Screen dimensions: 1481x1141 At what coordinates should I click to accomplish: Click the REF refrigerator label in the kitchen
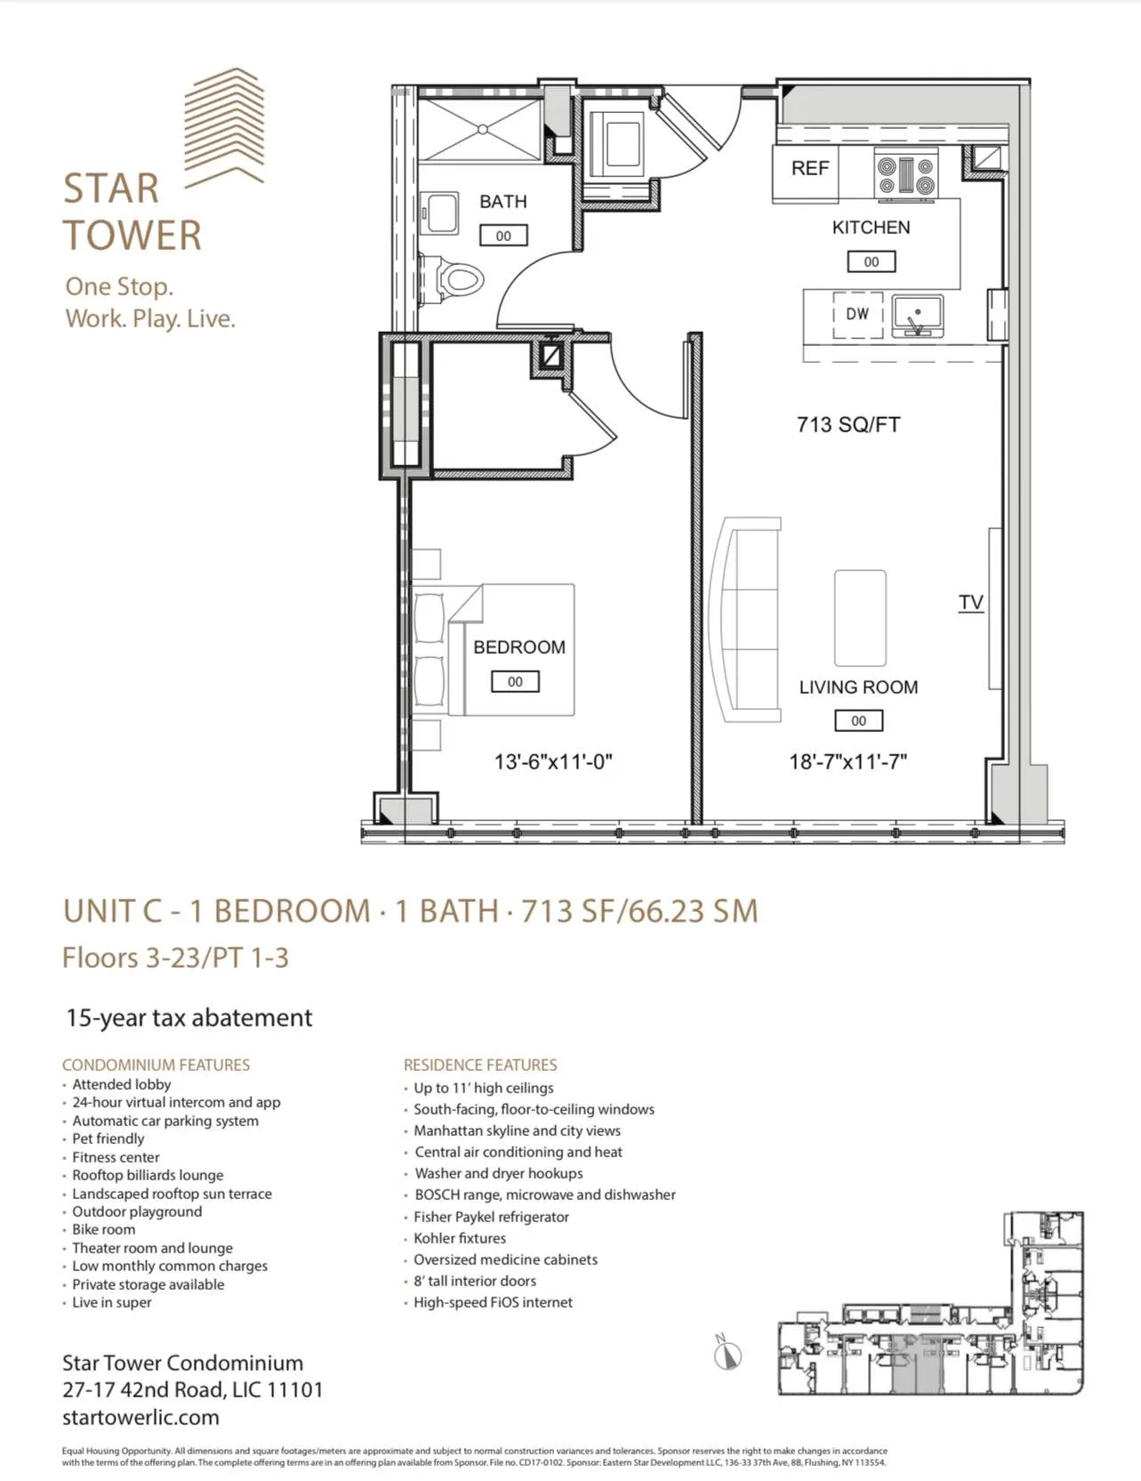pos(809,168)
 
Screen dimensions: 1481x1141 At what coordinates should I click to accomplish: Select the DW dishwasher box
pos(857,314)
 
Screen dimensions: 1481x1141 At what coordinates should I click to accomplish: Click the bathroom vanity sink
pos(438,213)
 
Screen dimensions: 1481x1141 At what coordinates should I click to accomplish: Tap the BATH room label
pos(503,202)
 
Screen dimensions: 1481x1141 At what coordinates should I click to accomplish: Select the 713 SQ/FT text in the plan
pos(848,425)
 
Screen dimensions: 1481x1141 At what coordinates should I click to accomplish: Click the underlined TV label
pos(971,602)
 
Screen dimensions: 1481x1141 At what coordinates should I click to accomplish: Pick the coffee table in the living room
pos(860,618)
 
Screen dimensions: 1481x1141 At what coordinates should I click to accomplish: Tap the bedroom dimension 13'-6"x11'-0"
pos(553,762)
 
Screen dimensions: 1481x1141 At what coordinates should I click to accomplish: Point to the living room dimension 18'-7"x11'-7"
pos(848,762)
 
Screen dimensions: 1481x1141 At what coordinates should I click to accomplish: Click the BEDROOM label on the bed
pos(518,648)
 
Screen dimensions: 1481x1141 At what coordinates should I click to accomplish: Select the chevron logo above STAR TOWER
pos(224,126)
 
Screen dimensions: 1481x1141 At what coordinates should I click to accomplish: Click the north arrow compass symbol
pos(727,1355)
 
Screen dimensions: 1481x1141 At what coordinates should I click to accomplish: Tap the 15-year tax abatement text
pos(189,1018)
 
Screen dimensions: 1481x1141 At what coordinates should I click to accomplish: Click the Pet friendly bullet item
pos(108,1139)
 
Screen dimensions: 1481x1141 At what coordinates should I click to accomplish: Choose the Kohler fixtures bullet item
pos(459,1238)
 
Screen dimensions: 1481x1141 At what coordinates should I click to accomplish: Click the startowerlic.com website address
pos(141,1417)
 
